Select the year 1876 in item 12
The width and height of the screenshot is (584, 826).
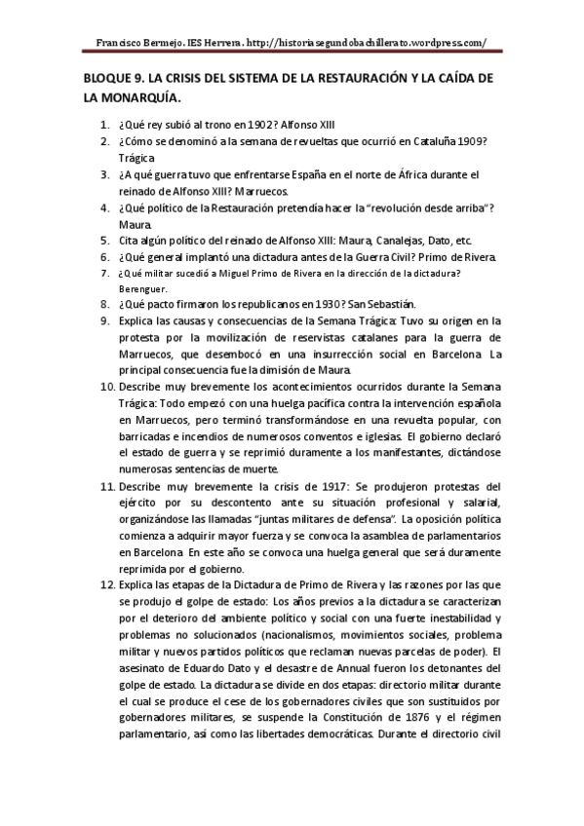[363, 717]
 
